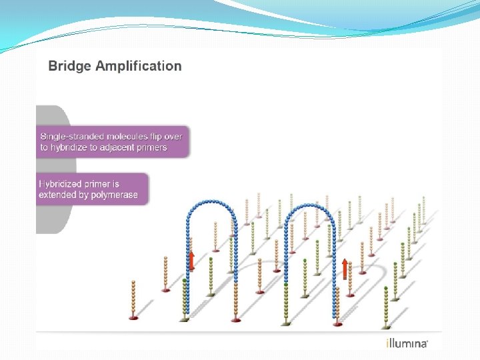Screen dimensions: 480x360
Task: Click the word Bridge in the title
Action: click(x=68, y=66)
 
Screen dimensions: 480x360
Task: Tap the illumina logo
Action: click(x=407, y=343)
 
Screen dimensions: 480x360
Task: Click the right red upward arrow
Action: click(x=345, y=268)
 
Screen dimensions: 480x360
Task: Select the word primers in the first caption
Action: click(x=151, y=147)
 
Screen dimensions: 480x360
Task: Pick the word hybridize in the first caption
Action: click(x=69, y=147)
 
